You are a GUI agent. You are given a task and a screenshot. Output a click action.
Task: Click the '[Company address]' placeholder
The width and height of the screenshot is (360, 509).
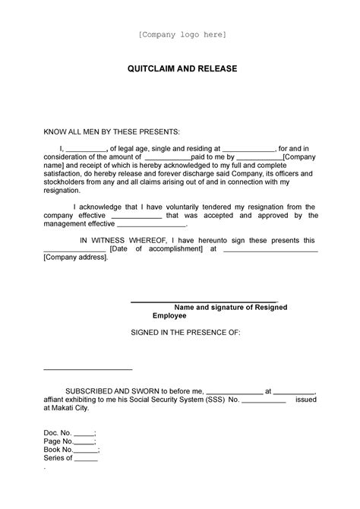75,258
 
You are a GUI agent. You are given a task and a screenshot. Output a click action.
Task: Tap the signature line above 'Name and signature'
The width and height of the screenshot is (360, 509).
204,302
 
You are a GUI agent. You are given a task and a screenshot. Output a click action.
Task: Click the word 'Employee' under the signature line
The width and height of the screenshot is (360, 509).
169,315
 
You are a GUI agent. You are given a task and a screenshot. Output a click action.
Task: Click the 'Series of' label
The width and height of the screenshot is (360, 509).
58,459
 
